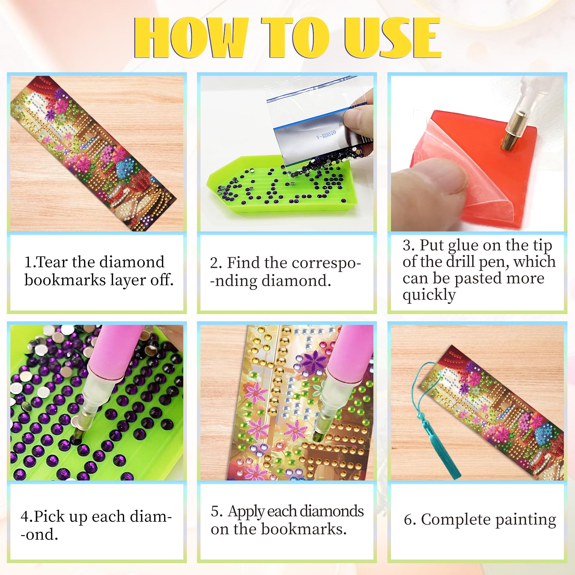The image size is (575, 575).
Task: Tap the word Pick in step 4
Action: [x=50, y=516]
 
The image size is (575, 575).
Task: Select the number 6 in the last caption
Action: [x=408, y=520]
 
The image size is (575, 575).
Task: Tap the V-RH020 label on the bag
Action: [x=326, y=135]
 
